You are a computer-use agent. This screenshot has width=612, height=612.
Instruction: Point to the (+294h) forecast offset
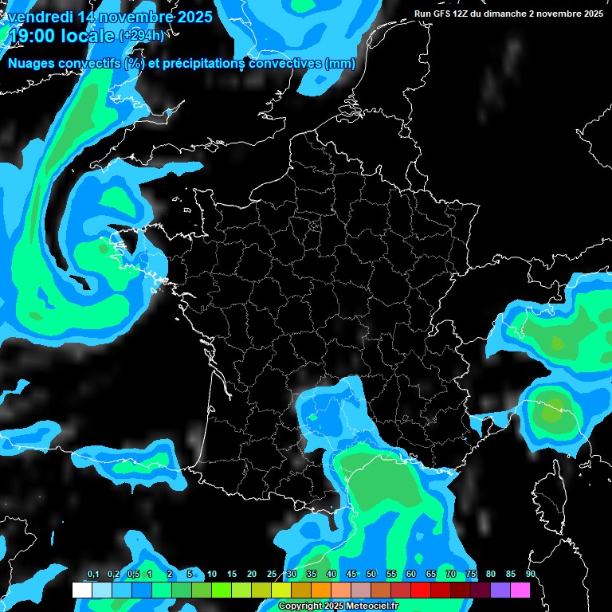142,36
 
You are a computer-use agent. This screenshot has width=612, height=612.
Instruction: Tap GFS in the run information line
446,14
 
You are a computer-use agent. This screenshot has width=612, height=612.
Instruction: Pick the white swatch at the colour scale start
81,590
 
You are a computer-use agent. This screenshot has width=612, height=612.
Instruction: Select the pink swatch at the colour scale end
520,590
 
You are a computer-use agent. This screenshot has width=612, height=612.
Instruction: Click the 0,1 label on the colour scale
92,575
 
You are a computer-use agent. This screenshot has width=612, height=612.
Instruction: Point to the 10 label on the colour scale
212,575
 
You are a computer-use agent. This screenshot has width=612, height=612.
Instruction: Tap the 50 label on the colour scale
371,575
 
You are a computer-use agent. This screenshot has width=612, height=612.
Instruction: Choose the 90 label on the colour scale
531,575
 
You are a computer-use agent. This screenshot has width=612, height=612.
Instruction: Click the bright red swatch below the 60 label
421,590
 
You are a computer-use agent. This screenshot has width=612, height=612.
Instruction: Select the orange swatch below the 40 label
321,590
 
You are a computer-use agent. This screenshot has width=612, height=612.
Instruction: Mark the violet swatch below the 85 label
500,590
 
